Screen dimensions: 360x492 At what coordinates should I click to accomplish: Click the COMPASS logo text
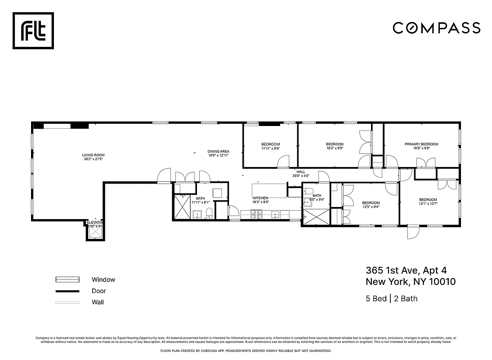click(x=436, y=28)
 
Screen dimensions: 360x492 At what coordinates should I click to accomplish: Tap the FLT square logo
click(x=33, y=30)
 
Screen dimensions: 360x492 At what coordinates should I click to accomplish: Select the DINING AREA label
click(x=219, y=151)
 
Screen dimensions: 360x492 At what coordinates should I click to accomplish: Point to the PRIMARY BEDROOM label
click(x=421, y=144)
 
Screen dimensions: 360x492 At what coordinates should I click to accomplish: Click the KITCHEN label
click(x=260, y=198)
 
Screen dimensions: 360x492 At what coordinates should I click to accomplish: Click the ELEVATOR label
click(x=95, y=222)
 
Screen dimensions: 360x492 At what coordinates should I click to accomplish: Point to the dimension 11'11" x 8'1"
click(x=200, y=202)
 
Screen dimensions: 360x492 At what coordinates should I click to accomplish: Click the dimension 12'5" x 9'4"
click(x=371, y=207)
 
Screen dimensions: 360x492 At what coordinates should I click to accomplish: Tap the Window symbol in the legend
click(x=67, y=279)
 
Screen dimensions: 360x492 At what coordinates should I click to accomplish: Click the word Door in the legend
click(x=98, y=291)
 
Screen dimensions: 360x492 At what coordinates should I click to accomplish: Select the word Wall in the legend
click(x=98, y=302)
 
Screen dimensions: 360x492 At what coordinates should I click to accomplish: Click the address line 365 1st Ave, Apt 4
click(x=406, y=270)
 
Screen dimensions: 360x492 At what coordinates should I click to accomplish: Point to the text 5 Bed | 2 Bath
click(x=391, y=298)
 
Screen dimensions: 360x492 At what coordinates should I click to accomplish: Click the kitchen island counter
click(x=269, y=189)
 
